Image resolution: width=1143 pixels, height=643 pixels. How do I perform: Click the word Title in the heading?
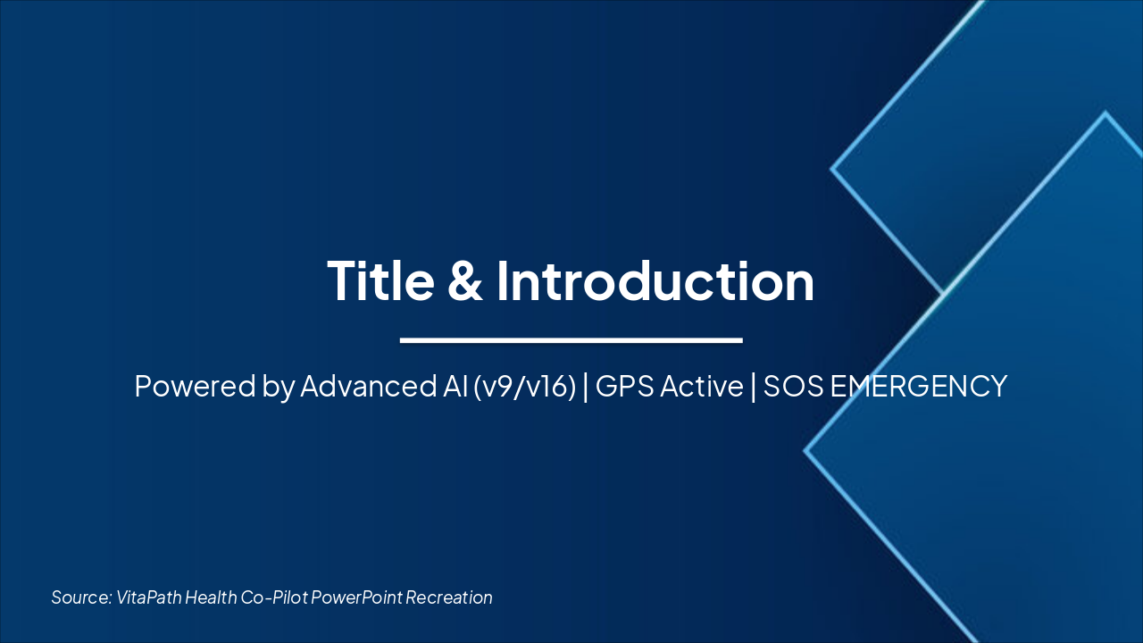380,280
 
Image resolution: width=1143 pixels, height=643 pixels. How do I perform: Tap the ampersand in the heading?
465,280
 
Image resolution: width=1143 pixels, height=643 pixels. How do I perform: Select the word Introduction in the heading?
655,280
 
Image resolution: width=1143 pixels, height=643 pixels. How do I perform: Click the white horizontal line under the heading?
571,340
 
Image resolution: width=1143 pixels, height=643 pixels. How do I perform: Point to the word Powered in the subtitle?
195,386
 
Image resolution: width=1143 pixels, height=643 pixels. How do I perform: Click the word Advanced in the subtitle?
369,386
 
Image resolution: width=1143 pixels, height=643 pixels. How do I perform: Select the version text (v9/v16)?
524,387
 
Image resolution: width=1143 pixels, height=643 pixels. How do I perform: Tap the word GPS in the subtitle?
624,386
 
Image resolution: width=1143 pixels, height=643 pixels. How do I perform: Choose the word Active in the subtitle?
702,386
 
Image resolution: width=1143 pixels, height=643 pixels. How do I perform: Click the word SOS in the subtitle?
794,386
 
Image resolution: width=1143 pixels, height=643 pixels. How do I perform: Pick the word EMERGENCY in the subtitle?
919,386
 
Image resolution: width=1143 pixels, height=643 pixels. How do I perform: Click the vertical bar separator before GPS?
585,387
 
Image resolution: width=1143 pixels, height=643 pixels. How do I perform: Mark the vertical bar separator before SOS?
754,387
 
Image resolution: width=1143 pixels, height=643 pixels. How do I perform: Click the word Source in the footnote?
81,597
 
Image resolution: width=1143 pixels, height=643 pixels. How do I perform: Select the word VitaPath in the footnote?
149,597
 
